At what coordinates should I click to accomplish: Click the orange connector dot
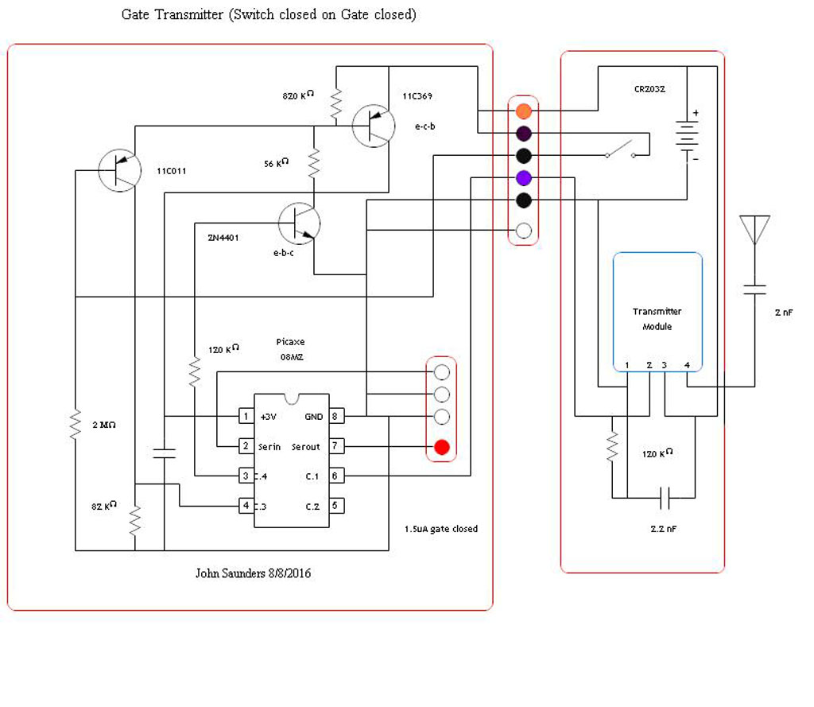click(523, 110)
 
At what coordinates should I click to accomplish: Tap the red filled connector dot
click(442, 448)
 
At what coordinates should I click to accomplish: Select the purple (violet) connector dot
click(523, 177)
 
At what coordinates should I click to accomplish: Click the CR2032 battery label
click(649, 89)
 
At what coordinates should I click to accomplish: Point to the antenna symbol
click(754, 229)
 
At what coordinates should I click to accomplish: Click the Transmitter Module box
click(657, 312)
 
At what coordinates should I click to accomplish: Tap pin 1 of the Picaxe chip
click(246, 416)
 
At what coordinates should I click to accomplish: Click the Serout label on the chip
click(305, 447)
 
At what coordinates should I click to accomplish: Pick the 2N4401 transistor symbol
click(299, 223)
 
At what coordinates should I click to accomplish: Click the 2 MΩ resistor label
click(103, 425)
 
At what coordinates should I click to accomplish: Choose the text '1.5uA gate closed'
click(440, 529)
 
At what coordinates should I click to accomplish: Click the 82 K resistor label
click(104, 506)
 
